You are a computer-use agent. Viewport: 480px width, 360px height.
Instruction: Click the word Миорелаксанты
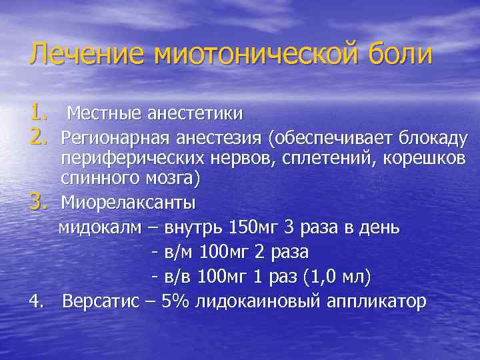(x=128, y=201)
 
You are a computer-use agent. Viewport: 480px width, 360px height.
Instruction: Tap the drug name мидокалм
(x=100, y=227)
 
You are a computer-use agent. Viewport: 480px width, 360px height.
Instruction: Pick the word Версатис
(x=101, y=301)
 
